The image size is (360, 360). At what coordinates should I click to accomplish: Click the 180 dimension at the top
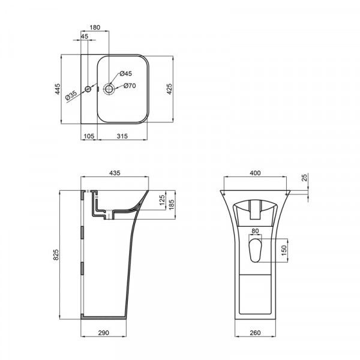(95, 28)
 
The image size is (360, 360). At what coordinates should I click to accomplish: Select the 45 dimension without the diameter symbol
(84, 37)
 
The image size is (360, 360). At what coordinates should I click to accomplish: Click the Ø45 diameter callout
(125, 73)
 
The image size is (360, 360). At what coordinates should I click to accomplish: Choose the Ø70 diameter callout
(130, 86)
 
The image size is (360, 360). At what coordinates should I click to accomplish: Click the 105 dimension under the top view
(88, 137)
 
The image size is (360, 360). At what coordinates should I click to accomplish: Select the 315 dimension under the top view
(122, 137)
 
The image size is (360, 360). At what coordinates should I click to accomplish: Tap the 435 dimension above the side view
(115, 173)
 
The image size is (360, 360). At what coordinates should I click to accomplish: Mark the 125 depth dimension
(162, 200)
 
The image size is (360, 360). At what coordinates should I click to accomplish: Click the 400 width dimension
(255, 173)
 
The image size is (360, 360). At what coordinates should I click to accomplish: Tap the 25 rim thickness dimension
(305, 178)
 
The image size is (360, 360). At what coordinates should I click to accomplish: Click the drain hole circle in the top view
(109, 89)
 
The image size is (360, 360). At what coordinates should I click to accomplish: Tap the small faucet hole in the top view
(88, 89)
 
